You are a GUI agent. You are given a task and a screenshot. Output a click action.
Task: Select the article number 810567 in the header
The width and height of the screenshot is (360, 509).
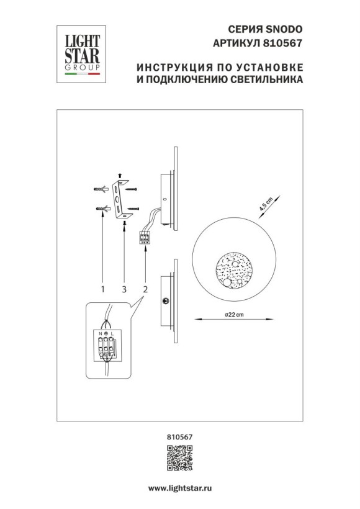click(x=285, y=43)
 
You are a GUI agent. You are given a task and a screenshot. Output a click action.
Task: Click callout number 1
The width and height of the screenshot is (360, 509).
click(x=103, y=289)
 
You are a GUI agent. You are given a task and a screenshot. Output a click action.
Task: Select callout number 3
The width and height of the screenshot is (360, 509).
click(x=124, y=289)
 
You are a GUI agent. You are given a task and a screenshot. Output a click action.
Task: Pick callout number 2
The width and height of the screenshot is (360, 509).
click(x=145, y=289)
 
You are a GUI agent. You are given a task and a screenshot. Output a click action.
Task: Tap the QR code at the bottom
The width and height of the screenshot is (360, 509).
click(x=179, y=459)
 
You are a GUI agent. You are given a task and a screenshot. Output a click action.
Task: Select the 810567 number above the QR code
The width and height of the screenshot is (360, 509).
click(x=179, y=438)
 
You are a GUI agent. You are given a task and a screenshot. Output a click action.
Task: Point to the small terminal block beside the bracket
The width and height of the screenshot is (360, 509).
click(x=146, y=237)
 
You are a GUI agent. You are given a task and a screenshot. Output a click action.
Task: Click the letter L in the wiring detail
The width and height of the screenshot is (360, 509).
click(x=114, y=335)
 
